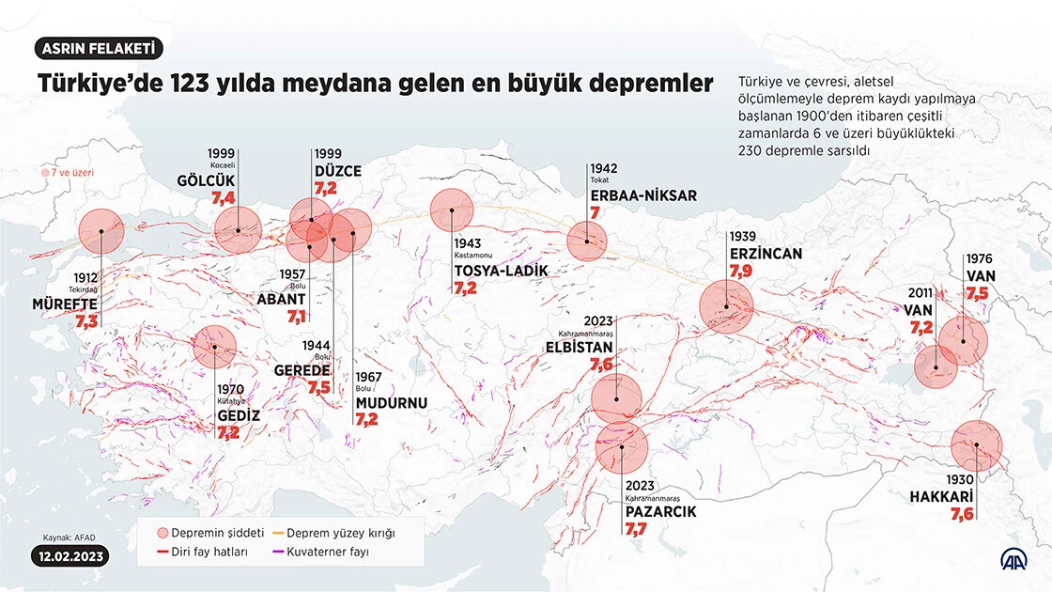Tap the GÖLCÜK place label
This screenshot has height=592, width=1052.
205,180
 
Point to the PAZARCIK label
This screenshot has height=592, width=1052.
660,512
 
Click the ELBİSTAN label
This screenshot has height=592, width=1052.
579,346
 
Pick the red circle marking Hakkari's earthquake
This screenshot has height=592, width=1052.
977,446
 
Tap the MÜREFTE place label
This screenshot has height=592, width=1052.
65,304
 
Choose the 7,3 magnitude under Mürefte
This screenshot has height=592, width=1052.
86,321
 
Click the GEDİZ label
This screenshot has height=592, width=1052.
238,415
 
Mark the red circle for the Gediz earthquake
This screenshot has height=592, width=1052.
215,347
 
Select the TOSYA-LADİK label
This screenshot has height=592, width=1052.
501,271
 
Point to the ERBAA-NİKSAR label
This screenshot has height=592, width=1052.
643,195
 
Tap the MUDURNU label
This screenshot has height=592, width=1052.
391,403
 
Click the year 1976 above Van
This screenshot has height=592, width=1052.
979,258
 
